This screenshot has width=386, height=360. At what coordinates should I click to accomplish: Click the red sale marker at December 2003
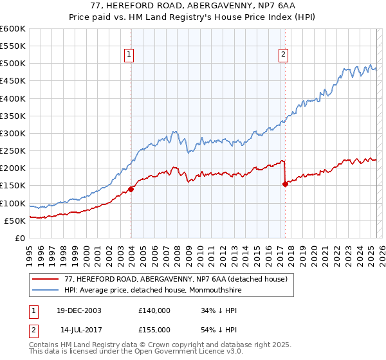click(x=131, y=189)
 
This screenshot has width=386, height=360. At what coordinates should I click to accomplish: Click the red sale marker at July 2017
click(x=285, y=184)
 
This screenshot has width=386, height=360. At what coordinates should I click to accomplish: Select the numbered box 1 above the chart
click(x=130, y=55)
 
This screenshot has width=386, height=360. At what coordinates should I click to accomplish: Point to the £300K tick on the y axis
click(x=13, y=134)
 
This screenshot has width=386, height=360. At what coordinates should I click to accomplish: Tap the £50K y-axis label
click(x=15, y=221)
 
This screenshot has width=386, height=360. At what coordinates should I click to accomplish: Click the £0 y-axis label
click(x=20, y=238)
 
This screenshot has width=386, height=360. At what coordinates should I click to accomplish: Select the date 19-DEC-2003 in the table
click(x=78, y=310)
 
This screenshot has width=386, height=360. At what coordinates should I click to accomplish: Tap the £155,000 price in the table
click(x=154, y=328)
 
